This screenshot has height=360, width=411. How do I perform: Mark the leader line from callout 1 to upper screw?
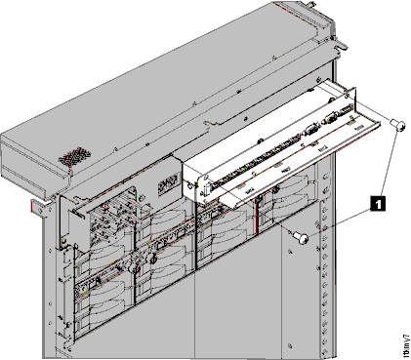coord(389,161)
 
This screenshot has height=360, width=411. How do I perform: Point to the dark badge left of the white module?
coord(166,183)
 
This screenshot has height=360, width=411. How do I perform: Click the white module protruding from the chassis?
coord(264,146)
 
